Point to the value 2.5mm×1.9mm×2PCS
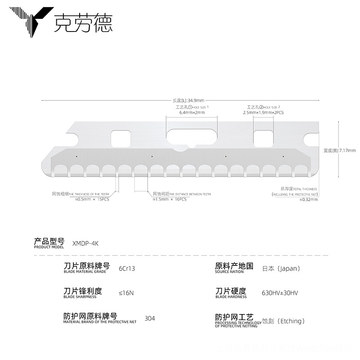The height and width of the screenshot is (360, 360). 264,112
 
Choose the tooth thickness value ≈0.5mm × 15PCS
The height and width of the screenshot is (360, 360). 92,199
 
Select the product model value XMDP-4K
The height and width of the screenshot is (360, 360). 85,243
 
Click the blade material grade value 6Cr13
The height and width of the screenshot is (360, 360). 127,268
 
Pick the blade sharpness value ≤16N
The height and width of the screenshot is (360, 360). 126,292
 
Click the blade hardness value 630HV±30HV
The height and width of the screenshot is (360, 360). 280,292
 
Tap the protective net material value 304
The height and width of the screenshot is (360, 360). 150,318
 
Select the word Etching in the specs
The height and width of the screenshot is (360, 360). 292,321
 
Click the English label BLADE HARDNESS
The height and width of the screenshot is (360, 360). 231,297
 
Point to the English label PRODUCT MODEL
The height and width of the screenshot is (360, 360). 49,247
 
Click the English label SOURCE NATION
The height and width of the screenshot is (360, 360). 229,272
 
